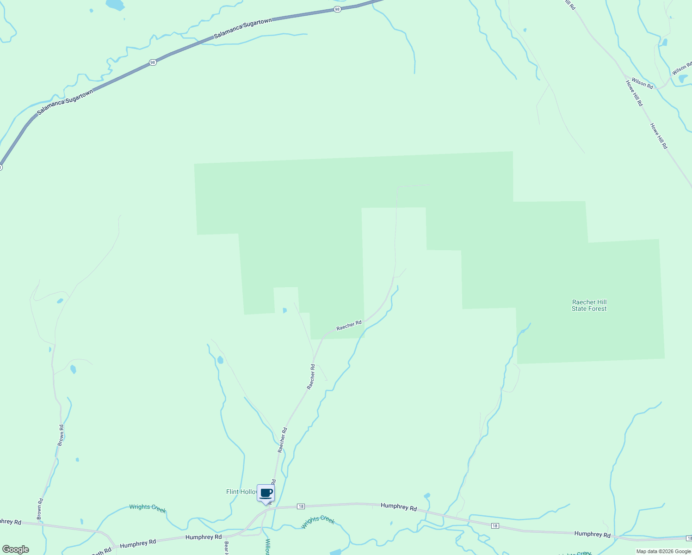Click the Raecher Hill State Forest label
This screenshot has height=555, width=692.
tap(589, 305)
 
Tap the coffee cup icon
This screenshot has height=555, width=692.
tap(266, 493)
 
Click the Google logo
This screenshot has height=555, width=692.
tap(15, 549)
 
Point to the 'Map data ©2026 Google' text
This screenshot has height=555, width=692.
tap(663, 551)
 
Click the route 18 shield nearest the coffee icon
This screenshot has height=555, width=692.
tap(301, 506)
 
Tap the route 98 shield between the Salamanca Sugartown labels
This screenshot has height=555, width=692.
tap(153, 62)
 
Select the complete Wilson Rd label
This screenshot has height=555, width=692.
tap(642, 83)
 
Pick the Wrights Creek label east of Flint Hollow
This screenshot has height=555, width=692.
tap(318, 522)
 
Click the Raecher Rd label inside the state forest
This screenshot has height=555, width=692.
tap(349, 325)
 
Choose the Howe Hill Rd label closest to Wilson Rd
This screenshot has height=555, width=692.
tap(634, 93)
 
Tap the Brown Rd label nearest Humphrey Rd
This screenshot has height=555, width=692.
tap(40, 508)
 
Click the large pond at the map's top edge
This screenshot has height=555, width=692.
tap(115, 5)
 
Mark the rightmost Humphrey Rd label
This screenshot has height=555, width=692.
tap(593, 534)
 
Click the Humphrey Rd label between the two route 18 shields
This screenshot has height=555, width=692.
tap(399, 506)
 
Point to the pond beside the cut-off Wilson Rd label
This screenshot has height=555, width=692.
tap(683, 79)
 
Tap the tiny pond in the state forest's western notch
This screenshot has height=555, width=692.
tap(284, 310)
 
